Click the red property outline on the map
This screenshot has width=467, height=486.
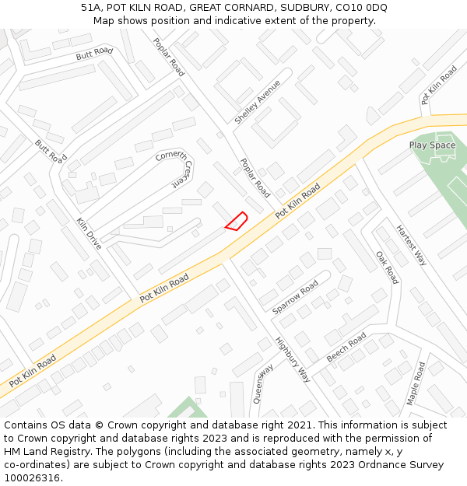click(236, 221)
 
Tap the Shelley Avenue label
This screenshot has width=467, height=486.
click(257, 101)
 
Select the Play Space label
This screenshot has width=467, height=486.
click(432, 145)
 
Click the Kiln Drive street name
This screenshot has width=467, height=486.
click(89, 233)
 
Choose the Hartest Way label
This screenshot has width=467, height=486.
click(411, 246)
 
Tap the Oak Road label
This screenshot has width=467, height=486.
click(387, 267)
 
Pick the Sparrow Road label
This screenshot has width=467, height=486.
click(295, 298)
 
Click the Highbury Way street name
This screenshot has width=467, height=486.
click(293, 359)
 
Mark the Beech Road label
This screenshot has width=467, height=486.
click(346, 347)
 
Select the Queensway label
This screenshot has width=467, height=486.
click(262, 383)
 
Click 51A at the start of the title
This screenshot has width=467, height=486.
click(92, 8)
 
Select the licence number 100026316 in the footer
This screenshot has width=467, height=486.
click(33, 477)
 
